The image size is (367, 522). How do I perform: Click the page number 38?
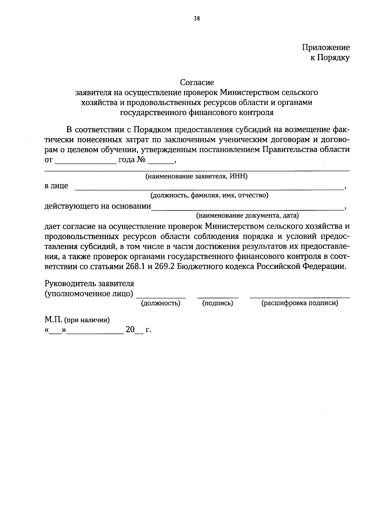[x=197, y=18]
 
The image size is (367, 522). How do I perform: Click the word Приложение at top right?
[x=326, y=47]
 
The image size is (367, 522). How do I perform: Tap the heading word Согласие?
[x=197, y=82]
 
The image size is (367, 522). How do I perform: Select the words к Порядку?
[x=330, y=58]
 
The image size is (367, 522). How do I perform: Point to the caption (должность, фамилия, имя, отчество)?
[x=209, y=195]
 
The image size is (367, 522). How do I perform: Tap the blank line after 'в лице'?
[x=209, y=189]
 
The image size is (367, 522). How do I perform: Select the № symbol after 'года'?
[x=141, y=160]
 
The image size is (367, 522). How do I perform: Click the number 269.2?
[x=165, y=266]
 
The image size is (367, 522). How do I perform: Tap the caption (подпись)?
[x=218, y=303]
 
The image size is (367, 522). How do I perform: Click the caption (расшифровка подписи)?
[x=299, y=303]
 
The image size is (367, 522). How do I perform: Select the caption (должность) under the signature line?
[x=160, y=303]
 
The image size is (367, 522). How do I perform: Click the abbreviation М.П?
[x=54, y=320]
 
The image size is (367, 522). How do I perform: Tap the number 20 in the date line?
[x=130, y=330]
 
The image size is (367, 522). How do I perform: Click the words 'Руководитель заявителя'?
[x=89, y=284]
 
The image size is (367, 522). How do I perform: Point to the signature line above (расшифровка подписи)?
[x=299, y=297]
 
